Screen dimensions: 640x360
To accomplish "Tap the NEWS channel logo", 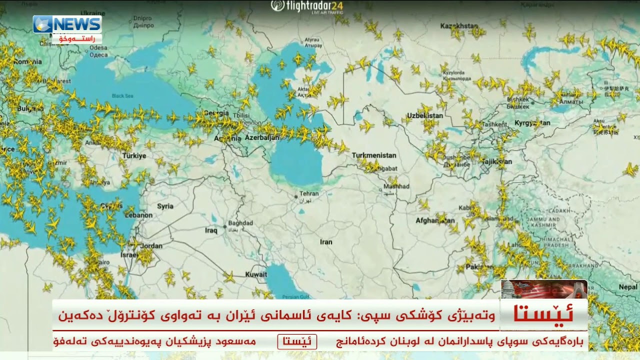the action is [x=67, y=24].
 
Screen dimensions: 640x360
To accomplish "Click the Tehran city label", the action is [x=308, y=194].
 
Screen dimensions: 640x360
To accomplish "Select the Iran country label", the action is [x=326, y=242].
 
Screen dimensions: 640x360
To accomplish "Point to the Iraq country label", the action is [x=211, y=230].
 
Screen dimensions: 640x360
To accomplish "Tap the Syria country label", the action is [x=165, y=206].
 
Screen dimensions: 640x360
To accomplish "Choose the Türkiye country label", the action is [x=134, y=155].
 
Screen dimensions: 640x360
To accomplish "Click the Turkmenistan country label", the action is [x=374, y=155].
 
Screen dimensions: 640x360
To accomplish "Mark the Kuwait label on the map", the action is [x=256, y=274].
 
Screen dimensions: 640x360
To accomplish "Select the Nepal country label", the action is [x=628, y=287].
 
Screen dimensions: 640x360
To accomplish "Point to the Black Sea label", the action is [x=122, y=95].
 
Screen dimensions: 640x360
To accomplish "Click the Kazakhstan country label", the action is [x=459, y=25].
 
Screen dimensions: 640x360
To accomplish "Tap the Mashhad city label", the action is [x=396, y=186].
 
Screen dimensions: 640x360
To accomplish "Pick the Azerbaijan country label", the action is [x=262, y=137].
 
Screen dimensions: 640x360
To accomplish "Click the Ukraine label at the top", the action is [x=93, y=13].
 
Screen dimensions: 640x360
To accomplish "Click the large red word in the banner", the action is [x=544, y=314].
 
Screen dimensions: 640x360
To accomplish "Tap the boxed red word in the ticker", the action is [x=297, y=342].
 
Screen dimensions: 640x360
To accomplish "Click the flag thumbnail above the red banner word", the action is [x=544, y=289].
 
